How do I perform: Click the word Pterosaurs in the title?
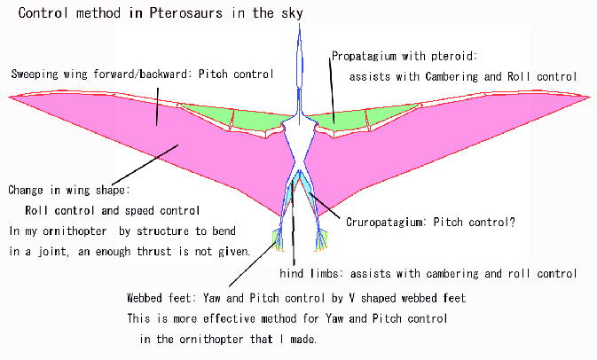(x=185, y=13)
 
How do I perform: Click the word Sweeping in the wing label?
(x=35, y=74)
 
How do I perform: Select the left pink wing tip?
(x=11, y=97)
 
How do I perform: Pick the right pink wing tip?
(x=588, y=97)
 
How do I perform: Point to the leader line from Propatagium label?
(x=332, y=90)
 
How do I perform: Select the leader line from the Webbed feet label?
(x=253, y=264)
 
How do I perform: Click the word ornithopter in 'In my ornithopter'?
(x=75, y=231)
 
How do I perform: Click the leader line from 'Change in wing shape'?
(x=145, y=165)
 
